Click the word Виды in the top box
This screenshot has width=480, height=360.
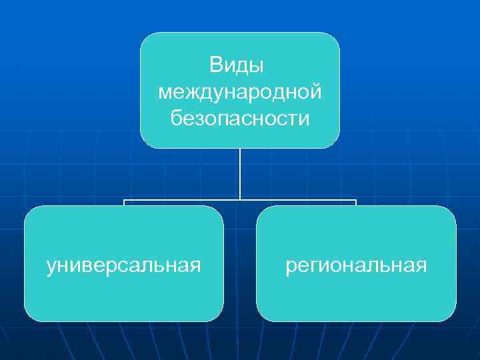tap(237, 65)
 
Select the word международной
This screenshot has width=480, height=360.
tap(240, 92)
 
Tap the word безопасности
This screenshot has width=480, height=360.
tap(240, 119)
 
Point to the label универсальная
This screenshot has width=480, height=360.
tap(123, 266)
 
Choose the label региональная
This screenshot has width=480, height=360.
tap(356, 266)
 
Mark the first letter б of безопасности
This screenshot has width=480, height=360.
tap(176, 119)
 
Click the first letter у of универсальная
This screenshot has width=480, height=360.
tap(51, 267)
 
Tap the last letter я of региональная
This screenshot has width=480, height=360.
tap(421, 266)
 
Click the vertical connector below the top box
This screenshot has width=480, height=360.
tap(240, 173)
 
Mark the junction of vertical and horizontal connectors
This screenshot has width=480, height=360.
tap(240, 199)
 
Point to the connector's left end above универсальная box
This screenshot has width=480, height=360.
tap(124, 201)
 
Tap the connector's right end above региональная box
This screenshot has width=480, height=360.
tap(356, 201)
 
